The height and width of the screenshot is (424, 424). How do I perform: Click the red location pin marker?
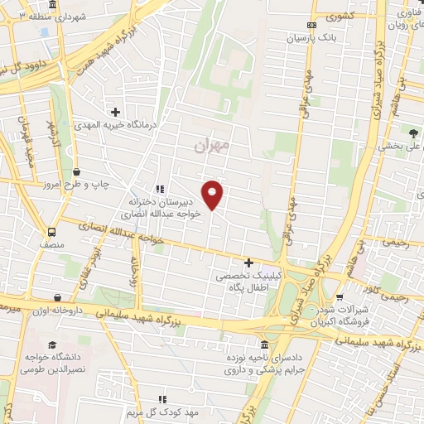[x=213, y=194]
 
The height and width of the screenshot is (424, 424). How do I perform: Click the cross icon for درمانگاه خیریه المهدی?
[x=115, y=111]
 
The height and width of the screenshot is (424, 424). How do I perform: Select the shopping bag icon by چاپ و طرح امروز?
[x=75, y=171]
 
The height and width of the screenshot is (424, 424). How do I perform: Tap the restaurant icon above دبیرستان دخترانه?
[x=159, y=189]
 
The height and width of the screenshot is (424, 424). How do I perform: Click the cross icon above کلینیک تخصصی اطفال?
[x=248, y=263]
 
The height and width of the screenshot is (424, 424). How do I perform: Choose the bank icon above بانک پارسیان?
[x=311, y=26]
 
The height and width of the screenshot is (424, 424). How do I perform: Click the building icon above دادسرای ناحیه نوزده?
[x=264, y=344]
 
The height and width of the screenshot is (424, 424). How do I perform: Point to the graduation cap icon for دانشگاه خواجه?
[x=52, y=344]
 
